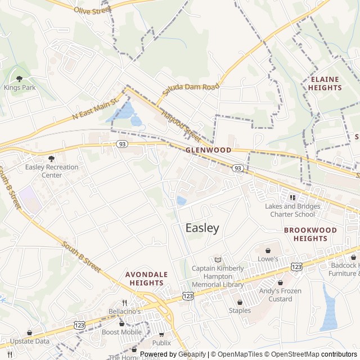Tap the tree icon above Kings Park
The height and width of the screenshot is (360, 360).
(x=19, y=79)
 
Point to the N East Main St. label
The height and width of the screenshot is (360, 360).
(x=94, y=109)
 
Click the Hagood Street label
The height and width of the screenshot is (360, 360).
(x=181, y=125)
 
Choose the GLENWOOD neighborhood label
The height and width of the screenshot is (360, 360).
(x=208, y=150)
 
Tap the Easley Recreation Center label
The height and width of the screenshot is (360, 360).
(x=51, y=171)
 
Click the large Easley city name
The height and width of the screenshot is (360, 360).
(x=202, y=228)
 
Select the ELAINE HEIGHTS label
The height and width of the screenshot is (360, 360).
(x=325, y=84)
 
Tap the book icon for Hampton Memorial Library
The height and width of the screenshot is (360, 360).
(x=218, y=259)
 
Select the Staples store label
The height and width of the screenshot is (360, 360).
(x=240, y=310)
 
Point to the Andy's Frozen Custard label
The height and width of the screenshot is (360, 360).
(x=280, y=295)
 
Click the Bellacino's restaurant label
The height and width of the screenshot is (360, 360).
(x=125, y=310)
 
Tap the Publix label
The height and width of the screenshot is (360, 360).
(x=161, y=342)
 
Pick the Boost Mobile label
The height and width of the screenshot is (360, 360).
(x=121, y=332)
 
